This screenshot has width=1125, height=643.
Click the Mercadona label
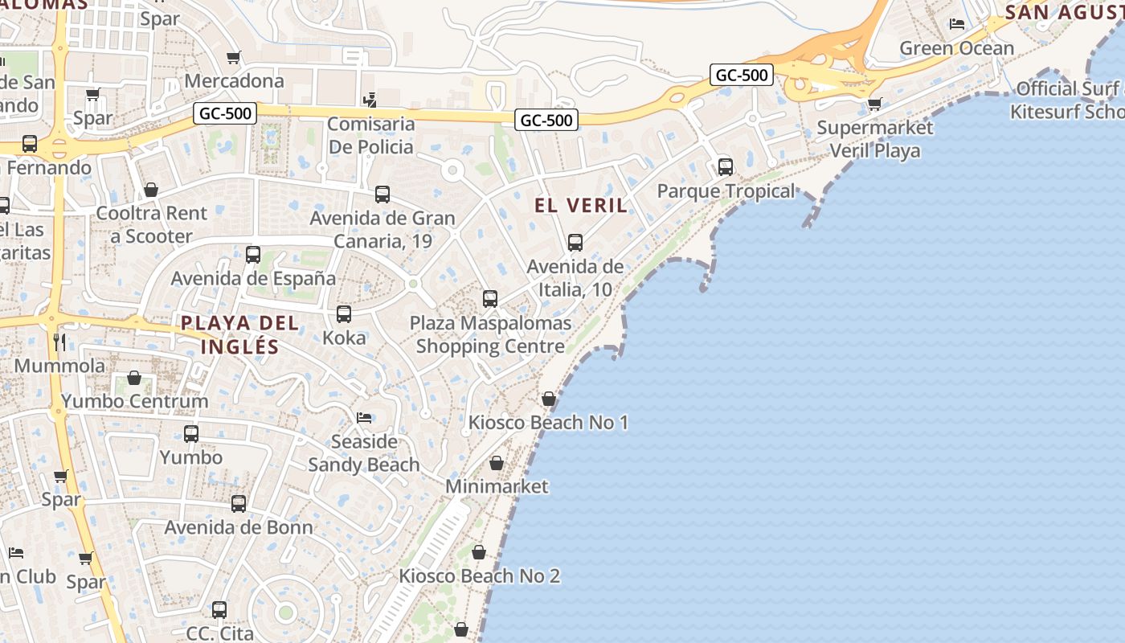tap(234, 81)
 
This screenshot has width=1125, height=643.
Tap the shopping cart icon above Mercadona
tap(234, 57)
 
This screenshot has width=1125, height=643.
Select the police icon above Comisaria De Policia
tap(370, 100)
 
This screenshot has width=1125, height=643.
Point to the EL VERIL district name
tap(581, 205)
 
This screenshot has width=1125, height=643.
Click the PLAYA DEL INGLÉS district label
tap(239, 335)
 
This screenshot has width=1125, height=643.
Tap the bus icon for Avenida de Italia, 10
tap(575, 242)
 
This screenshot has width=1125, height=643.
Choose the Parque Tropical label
tap(726, 191)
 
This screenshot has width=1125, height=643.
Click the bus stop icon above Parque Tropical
tap(726, 167)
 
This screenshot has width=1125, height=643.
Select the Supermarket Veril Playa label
tap(875, 139)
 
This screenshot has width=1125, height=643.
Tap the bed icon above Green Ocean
tap(957, 24)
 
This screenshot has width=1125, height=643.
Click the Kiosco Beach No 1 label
tap(548, 423)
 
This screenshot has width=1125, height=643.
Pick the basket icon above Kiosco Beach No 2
tap(479, 552)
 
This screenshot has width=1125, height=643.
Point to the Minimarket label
tap(497, 486)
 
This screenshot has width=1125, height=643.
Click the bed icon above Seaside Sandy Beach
tap(364, 418)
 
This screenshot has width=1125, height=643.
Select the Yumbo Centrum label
tap(134, 401)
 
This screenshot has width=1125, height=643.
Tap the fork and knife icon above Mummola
tap(59, 342)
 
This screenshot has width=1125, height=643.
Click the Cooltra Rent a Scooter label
tap(151, 225)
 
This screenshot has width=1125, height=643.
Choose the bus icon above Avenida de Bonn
tap(239, 504)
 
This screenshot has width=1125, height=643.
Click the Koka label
tap(344, 338)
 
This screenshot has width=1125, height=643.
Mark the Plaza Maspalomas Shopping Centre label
tap(490, 335)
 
